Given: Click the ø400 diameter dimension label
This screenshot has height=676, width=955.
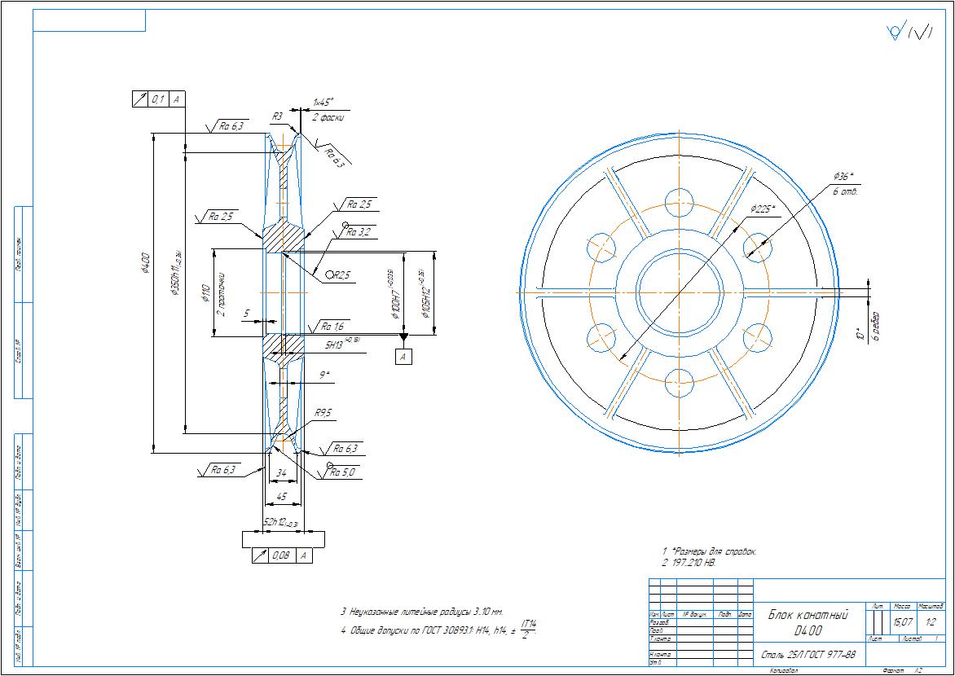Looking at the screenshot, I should (x=146, y=263).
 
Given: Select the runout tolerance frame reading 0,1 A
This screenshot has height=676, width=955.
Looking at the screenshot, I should (x=159, y=99).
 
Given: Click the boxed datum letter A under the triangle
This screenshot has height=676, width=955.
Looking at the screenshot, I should (x=404, y=356).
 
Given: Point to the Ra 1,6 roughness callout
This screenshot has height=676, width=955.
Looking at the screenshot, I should (x=333, y=326).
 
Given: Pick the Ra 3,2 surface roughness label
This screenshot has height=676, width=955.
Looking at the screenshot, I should (x=359, y=232).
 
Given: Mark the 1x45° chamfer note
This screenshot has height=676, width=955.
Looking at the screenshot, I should (x=323, y=103).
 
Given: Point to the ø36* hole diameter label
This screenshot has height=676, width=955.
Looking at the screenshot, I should (x=843, y=176).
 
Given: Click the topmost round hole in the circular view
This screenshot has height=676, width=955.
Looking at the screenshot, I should (x=679, y=200).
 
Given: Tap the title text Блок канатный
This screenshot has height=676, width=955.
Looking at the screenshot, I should (x=808, y=615).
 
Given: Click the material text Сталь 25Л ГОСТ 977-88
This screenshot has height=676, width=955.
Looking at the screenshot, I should (x=808, y=655).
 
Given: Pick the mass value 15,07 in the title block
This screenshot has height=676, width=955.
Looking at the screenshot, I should (x=902, y=622).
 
